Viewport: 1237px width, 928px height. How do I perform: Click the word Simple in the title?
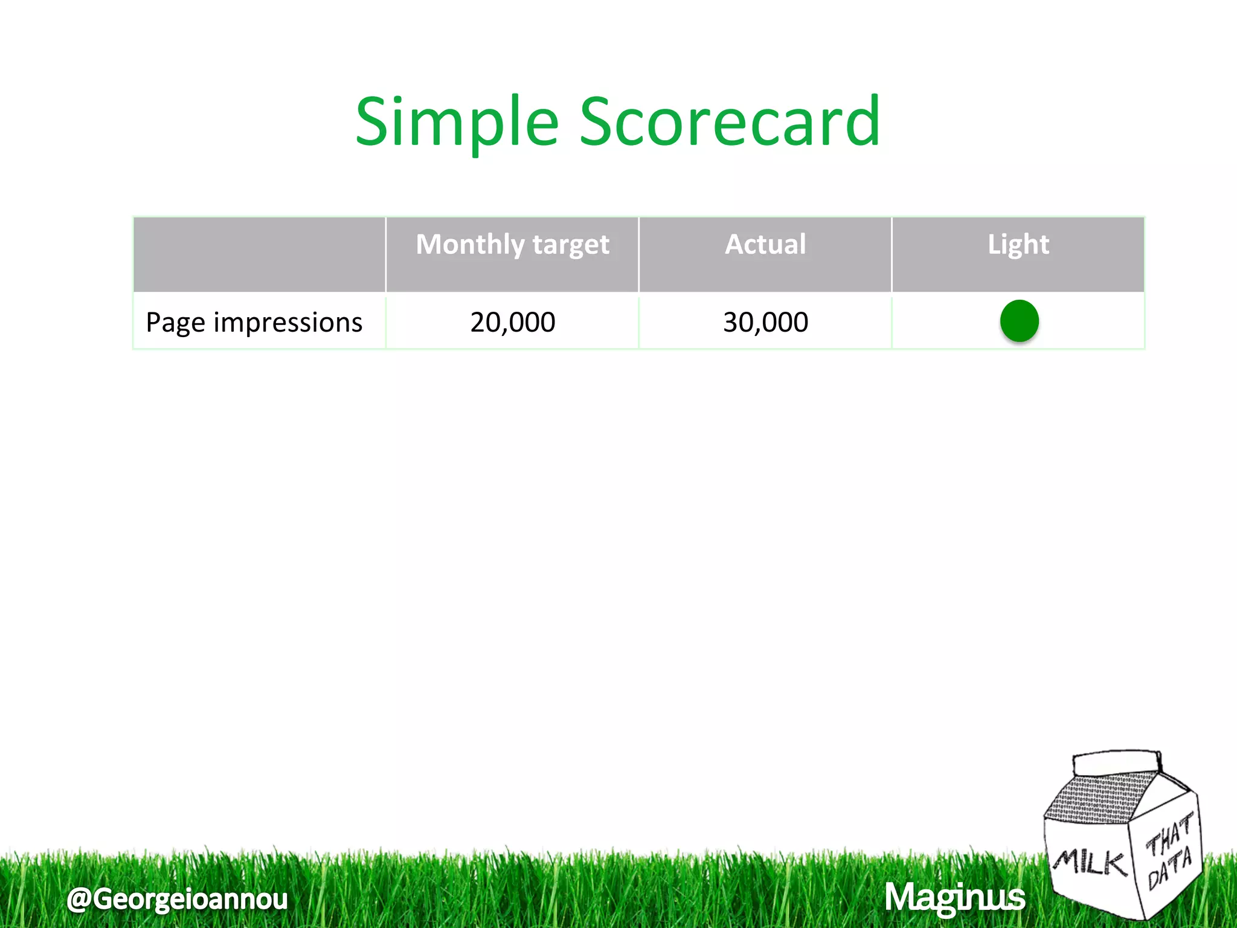pyautogui.click(x=457, y=123)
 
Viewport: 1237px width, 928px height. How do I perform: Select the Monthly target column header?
pyautogui.click(x=512, y=245)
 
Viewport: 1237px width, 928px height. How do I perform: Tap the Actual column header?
pyautogui.click(x=765, y=245)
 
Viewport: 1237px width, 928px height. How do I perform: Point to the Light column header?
pyautogui.click(x=1018, y=245)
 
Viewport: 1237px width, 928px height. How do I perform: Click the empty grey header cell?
pyautogui.click(x=259, y=254)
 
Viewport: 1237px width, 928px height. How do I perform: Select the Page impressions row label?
pyautogui.click(x=254, y=323)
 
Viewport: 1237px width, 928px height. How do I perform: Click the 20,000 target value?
pyautogui.click(x=512, y=322)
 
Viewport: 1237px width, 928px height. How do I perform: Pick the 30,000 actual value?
pyautogui.click(x=765, y=322)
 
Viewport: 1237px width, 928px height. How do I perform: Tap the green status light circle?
pyautogui.click(x=1019, y=321)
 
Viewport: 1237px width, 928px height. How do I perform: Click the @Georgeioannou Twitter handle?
pyautogui.click(x=177, y=898)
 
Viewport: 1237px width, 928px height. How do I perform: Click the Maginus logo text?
pyautogui.click(x=954, y=897)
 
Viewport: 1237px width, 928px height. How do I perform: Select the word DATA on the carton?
pyautogui.click(x=1170, y=868)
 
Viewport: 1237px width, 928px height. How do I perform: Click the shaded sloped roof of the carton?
pyautogui.click(x=1099, y=797)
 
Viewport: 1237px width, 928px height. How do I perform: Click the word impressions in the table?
pyautogui.click(x=288, y=323)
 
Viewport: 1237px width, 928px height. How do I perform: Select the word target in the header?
pyautogui.click(x=570, y=245)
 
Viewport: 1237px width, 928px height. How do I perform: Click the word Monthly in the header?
pyautogui.click(x=471, y=245)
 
